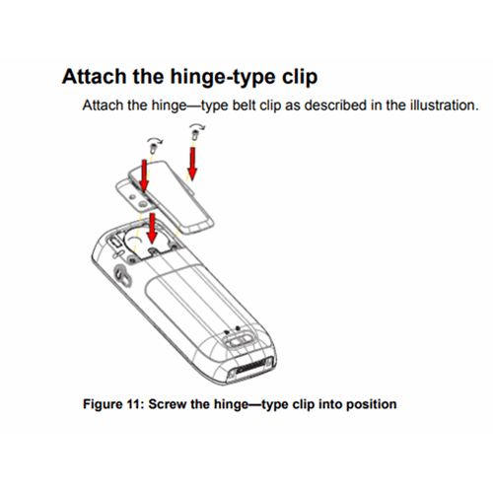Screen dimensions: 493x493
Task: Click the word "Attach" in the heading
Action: point(92,77)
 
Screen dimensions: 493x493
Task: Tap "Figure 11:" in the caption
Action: point(116,404)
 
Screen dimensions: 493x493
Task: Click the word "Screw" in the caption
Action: point(173,404)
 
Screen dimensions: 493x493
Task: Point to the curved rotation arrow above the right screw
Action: point(199,126)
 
